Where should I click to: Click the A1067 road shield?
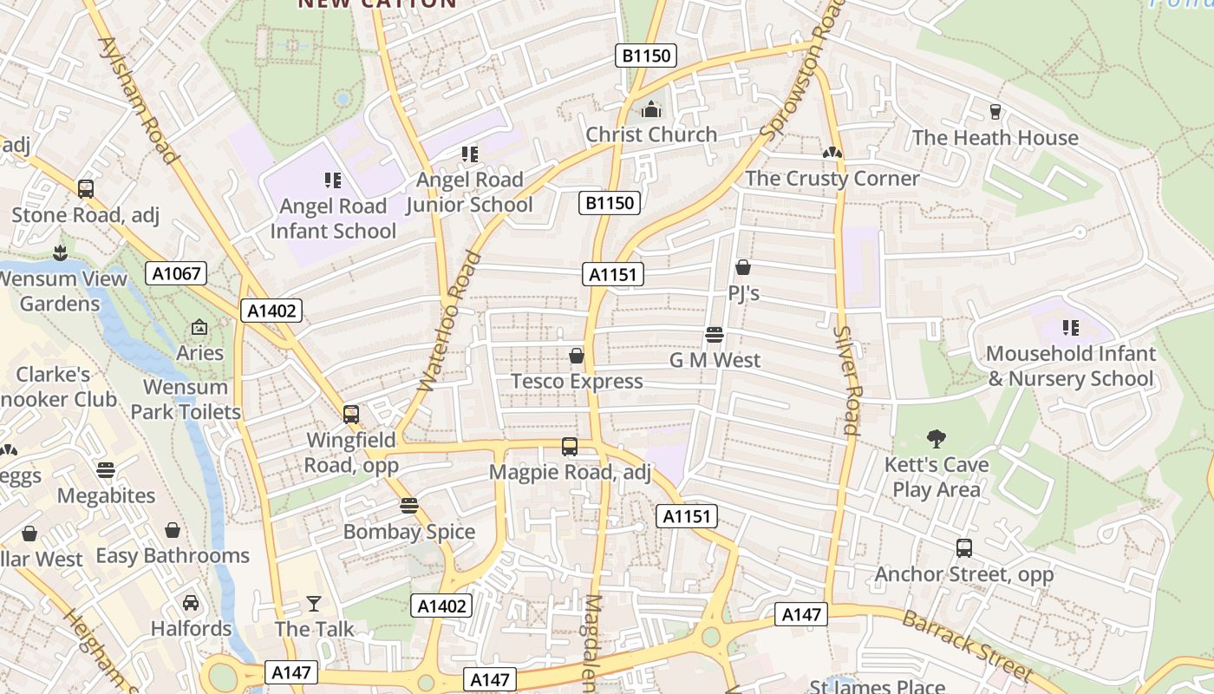pos(177,274)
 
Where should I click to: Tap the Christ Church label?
pos(651,134)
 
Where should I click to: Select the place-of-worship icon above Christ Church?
pos(651,109)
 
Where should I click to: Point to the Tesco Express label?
pos(577,382)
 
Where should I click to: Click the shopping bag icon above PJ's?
pos(743,267)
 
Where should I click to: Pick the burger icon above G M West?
pos(715,335)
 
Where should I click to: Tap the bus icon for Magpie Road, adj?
pos(570,447)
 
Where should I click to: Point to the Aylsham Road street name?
pos(138,100)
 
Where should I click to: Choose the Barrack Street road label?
pos(967,645)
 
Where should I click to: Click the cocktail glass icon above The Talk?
pos(314,603)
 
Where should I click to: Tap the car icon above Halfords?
pos(191,602)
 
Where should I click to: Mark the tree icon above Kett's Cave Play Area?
pos(937,439)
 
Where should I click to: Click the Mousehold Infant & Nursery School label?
pos(1071,366)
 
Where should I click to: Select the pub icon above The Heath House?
pos(995,112)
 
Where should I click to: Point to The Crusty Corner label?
pos(832,179)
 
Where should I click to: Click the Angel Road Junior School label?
pos(470,193)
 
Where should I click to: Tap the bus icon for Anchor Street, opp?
pos(964,548)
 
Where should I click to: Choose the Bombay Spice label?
pos(409,532)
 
